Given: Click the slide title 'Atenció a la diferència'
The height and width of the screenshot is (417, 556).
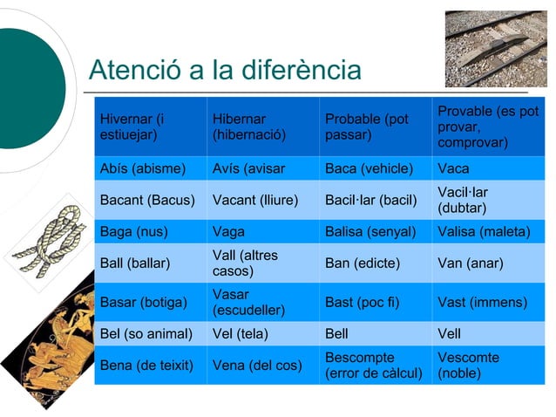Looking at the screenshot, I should click(225, 69).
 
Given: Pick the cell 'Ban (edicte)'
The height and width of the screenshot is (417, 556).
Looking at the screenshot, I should click(375, 263).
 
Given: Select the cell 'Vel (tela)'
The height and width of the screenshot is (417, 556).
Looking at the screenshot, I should click(262, 334).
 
